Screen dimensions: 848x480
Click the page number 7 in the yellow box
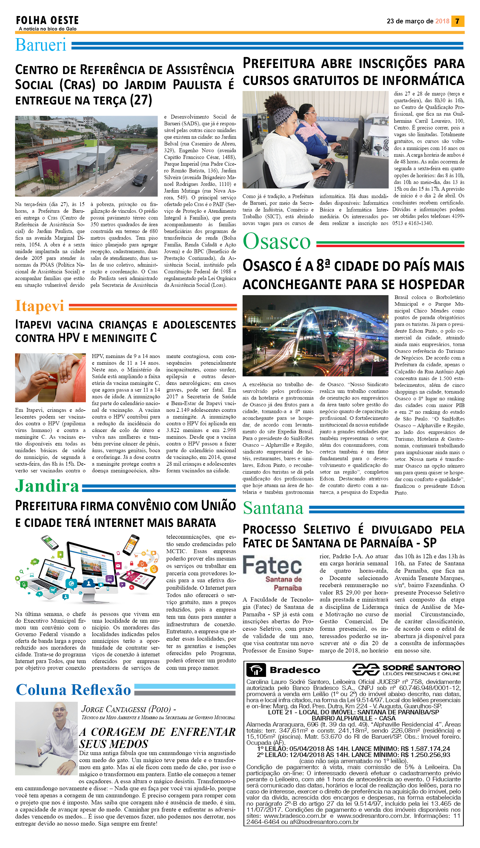[x=457, y=21]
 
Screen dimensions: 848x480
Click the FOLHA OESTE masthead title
[x=47, y=21]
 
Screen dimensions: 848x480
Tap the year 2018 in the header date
[x=442, y=21]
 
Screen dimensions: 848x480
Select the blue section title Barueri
[x=41, y=45]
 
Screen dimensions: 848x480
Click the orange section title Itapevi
[x=39, y=306]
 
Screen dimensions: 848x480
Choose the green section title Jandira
[x=47, y=486]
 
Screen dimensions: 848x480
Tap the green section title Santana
[x=273, y=508]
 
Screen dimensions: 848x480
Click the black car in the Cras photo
[x=140, y=179]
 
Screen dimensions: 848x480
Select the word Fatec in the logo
[x=272, y=565]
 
